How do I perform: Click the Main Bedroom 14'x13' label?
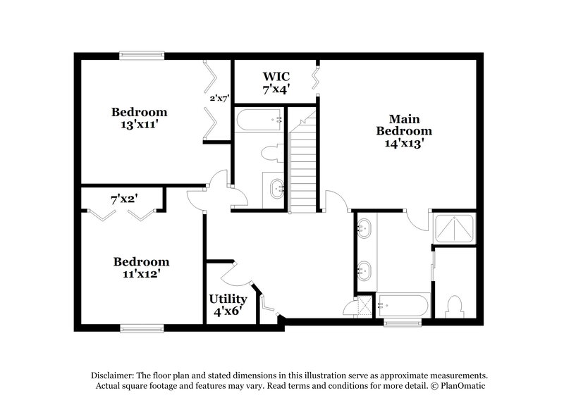point(403,130)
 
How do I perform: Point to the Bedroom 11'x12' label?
point(141,268)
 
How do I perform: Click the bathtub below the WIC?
point(258,119)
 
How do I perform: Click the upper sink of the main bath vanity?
point(365,228)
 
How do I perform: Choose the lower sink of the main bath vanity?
point(365,270)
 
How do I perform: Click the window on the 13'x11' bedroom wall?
point(141,54)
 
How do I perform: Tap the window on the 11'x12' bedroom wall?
point(142,328)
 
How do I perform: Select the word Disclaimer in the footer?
point(111,375)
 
